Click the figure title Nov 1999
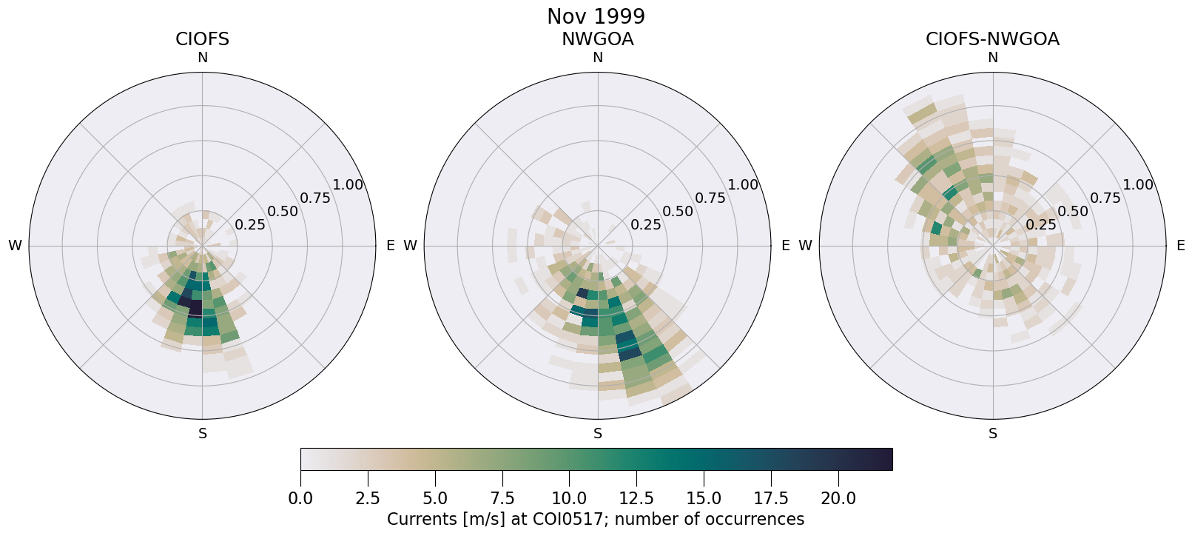tap(596, 16)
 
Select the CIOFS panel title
tap(202, 39)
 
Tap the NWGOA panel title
tap(597, 39)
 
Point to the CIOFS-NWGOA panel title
tap(992, 39)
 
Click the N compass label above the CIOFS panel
tap(202, 58)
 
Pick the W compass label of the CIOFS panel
tap(15, 246)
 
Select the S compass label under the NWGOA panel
tap(597, 434)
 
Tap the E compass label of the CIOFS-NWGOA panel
tap(1180, 246)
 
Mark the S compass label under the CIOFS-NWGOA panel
tap(992, 434)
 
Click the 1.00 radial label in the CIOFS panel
tap(348, 185)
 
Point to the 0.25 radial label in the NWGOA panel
tap(645, 224)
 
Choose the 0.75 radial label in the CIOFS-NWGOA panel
tap(1105, 198)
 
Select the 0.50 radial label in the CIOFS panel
tap(283, 211)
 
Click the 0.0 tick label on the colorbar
tap(300, 498)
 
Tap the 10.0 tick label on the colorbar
tap(569, 498)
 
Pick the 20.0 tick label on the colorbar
tap(838, 498)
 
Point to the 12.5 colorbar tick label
tap(636, 498)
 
